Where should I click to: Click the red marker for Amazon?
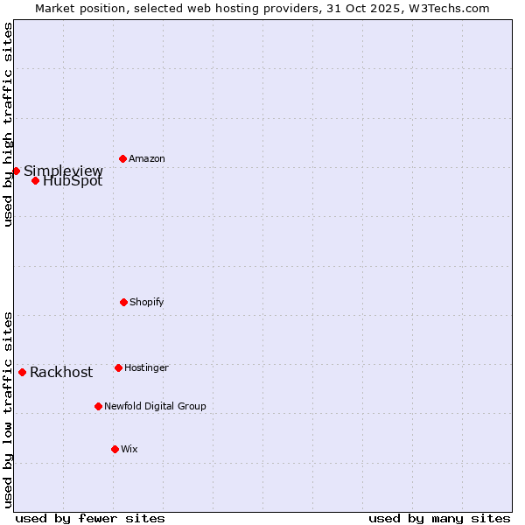tap(122, 158)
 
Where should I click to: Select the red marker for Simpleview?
tap(16, 171)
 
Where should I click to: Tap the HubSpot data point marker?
tap(35, 180)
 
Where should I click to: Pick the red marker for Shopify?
tap(123, 302)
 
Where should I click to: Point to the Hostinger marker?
tap(118, 367)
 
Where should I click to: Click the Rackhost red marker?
tap(22, 372)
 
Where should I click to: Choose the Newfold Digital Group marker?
tap(98, 406)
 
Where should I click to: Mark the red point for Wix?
tap(115, 449)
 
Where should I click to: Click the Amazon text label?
tap(147, 159)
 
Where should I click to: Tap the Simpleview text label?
tap(63, 171)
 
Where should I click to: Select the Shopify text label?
tap(147, 303)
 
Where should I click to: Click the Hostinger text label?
tap(146, 368)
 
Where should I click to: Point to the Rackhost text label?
tap(61, 373)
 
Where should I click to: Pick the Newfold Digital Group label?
tap(155, 407)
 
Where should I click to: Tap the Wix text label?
tap(129, 450)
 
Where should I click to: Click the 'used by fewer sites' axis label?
tap(90, 518)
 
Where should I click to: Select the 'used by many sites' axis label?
tap(439, 518)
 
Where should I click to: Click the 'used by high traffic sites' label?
tap(9, 124)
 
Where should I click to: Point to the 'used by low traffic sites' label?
tap(9, 409)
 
